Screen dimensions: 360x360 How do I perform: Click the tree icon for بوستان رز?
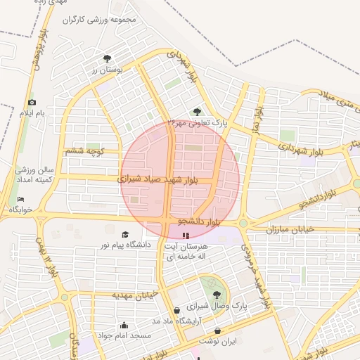pos(107,59)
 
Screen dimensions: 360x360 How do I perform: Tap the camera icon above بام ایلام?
pos(32,103)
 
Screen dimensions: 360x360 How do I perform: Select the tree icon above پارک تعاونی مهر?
pos(197,111)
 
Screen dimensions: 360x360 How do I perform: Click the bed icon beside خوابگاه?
pos(20,199)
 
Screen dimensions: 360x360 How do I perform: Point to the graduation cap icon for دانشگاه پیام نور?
pos(125,235)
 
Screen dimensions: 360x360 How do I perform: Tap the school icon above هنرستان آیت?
pos(186,236)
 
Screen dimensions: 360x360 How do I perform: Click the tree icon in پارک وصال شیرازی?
pos(216,295)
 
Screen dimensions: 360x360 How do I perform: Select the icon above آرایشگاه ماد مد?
pos(176,310)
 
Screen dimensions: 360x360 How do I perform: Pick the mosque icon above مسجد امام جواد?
pos(124,325)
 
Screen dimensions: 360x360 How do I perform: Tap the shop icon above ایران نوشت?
pos(218,330)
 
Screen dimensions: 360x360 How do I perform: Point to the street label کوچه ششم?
pos(84,150)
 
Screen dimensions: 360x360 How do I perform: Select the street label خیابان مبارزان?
pos(292,230)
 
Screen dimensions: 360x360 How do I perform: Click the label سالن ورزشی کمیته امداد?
pos(34,176)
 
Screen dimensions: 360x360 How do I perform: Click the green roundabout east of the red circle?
pos(243,224)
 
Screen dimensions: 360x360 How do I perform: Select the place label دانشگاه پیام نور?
pos(127,245)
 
